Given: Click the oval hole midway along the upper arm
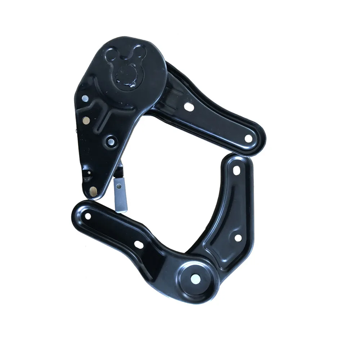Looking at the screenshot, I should (187, 107).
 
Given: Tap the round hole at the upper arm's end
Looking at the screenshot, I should (248, 138).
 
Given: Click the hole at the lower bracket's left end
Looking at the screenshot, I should (87, 216).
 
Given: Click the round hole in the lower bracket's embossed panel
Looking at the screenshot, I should (237, 238).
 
